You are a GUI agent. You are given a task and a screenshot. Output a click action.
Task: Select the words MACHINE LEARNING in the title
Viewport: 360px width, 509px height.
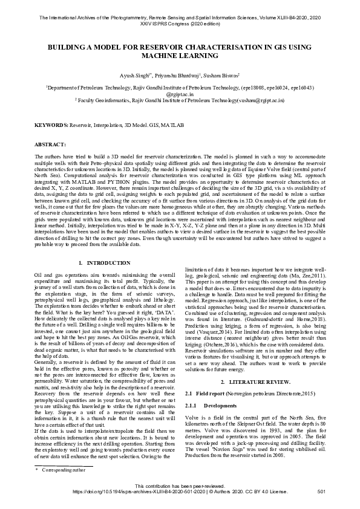pyautogui.click(x=180, y=56)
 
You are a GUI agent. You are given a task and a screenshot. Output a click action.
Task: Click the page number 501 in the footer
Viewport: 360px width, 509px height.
pyautogui.click(x=321, y=492)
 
